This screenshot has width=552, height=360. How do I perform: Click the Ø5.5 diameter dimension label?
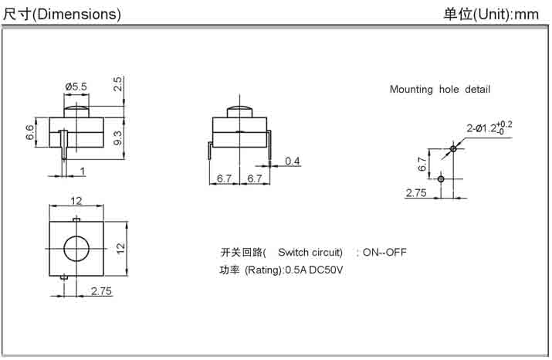pyautogui.click(x=76, y=86)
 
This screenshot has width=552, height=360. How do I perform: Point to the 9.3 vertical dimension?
pyautogui.click(x=118, y=138)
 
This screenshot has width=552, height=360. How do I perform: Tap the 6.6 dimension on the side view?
pyautogui.click(x=30, y=133)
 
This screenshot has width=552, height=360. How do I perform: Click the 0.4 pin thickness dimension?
pyautogui.click(x=293, y=161)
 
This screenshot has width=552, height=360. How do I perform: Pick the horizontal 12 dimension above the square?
pyautogui.click(x=76, y=201)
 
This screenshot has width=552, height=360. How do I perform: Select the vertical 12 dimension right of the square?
pyautogui.click(x=120, y=248)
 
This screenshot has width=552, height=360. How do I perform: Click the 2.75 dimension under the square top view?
pyautogui.click(x=101, y=291)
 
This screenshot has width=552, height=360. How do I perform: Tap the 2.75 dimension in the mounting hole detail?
pyautogui.click(x=416, y=193)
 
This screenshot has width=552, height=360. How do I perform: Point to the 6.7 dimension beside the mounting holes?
pyautogui.click(x=422, y=164)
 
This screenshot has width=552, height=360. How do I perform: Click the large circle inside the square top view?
pyautogui.click(x=76, y=249)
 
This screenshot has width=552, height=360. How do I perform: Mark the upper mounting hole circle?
pyautogui.click(x=453, y=148)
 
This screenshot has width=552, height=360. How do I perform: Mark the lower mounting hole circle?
pyautogui.click(x=441, y=178)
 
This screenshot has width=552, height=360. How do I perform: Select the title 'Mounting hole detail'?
pyautogui.click(x=439, y=90)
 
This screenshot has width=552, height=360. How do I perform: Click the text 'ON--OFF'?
pyautogui.click(x=384, y=253)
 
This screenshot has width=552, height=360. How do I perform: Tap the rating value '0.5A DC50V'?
pyautogui.click(x=314, y=270)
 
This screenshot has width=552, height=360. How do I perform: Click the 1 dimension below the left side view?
pyautogui.click(x=82, y=171)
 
